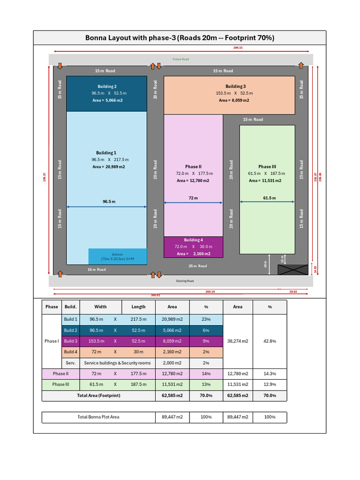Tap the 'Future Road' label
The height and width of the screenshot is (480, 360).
[x=180, y=60]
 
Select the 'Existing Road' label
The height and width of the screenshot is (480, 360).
[x=185, y=281]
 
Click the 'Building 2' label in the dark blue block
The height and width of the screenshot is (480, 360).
[x=107, y=87]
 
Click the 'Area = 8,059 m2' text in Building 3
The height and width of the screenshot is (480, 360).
[x=234, y=100]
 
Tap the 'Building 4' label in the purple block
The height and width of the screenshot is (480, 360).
[x=193, y=240]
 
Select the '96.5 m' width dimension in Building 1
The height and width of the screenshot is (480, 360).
[x=109, y=202]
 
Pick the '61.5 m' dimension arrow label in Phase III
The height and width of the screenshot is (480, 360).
[x=269, y=198]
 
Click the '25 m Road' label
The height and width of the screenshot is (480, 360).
[x=198, y=266]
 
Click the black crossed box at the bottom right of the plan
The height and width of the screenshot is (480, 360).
[x=293, y=270]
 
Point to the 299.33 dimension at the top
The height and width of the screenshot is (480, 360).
[x=238, y=48]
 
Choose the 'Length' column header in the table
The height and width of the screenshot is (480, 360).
[x=138, y=307]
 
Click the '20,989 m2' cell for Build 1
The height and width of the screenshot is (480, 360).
[x=172, y=319]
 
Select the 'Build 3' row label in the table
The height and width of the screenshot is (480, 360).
[x=70, y=341]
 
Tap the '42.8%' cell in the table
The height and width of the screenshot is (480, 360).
[x=270, y=341]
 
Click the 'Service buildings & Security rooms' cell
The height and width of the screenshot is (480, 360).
[x=117, y=363]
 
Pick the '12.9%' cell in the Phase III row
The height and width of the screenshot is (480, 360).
[x=270, y=384]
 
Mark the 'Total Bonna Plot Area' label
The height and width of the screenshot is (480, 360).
[x=98, y=417]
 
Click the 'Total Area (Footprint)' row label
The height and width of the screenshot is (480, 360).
[x=98, y=396]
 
